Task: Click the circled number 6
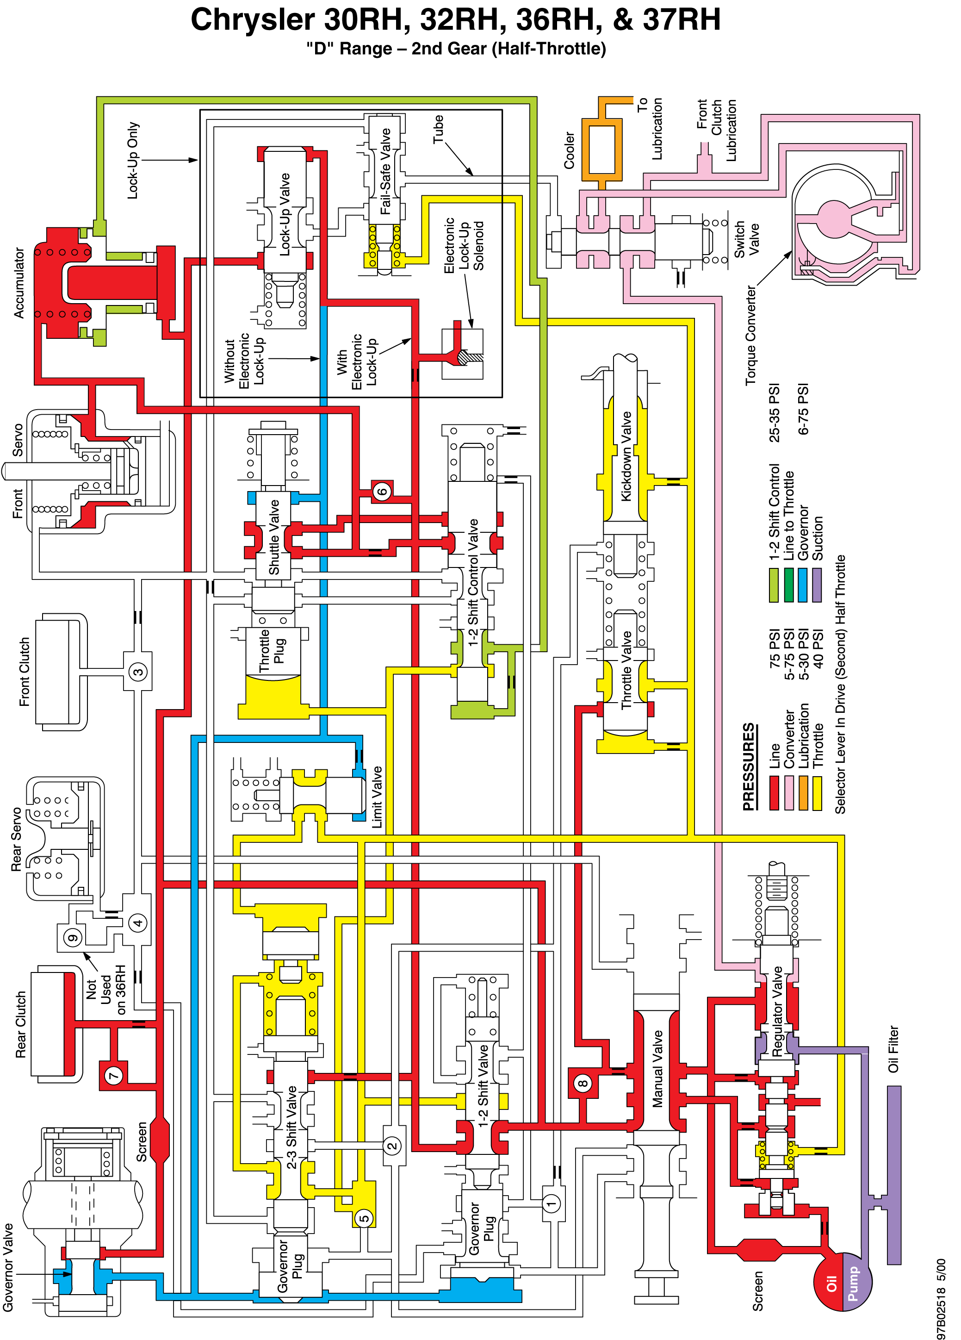382,491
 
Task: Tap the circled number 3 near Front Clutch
138,672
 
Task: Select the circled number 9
73,938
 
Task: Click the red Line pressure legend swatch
774,792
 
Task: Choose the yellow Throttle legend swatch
818,792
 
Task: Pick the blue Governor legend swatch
803,585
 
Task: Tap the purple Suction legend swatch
818,585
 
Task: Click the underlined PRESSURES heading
749,767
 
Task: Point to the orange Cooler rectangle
602,150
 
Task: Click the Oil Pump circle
842,1282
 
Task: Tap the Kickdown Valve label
626,457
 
